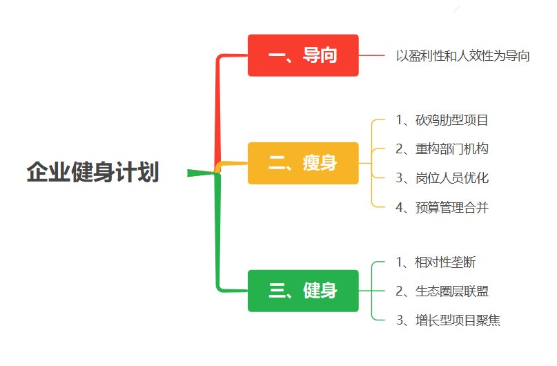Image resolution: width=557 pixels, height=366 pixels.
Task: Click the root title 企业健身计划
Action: click(x=92, y=172)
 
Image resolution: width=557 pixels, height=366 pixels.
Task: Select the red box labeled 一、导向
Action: click(x=303, y=55)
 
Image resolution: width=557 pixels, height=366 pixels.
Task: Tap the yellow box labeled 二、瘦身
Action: click(x=303, y=163)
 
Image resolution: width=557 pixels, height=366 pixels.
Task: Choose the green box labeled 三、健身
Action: click(x=303, y=291)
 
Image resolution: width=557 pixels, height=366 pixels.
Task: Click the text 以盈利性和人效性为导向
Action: click(x=463, y=56)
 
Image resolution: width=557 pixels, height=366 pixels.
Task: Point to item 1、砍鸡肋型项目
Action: click(x=442, y=120)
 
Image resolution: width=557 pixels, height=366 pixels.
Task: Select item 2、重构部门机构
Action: click(x=442, y=149)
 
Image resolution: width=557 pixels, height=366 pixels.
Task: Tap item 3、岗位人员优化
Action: click(x=442, y=178)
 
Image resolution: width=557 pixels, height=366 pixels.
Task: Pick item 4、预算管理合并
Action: click(x=442, y=208)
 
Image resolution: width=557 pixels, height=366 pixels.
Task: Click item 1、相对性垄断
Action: click(x=436, y=262)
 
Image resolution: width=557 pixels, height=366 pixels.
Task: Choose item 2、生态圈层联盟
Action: click(x=442, y=291)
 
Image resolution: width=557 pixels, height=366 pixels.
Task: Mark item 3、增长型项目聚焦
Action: click(x=449, y=320)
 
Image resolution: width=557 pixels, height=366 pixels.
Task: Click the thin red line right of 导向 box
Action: click(x=371, y=55)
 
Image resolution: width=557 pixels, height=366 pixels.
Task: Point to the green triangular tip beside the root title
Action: click(x=188, y=173)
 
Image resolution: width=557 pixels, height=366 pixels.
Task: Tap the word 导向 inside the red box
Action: click(x=320, y=55)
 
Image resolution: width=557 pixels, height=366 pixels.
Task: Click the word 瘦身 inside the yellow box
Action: click(x=320, y=163)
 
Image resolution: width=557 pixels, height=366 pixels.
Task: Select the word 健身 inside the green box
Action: click(x=320, y=291)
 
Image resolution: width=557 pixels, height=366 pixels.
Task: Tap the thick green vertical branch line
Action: click(x=217, y=231)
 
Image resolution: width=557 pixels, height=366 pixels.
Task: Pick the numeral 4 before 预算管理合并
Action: click(x=399, y=208)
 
